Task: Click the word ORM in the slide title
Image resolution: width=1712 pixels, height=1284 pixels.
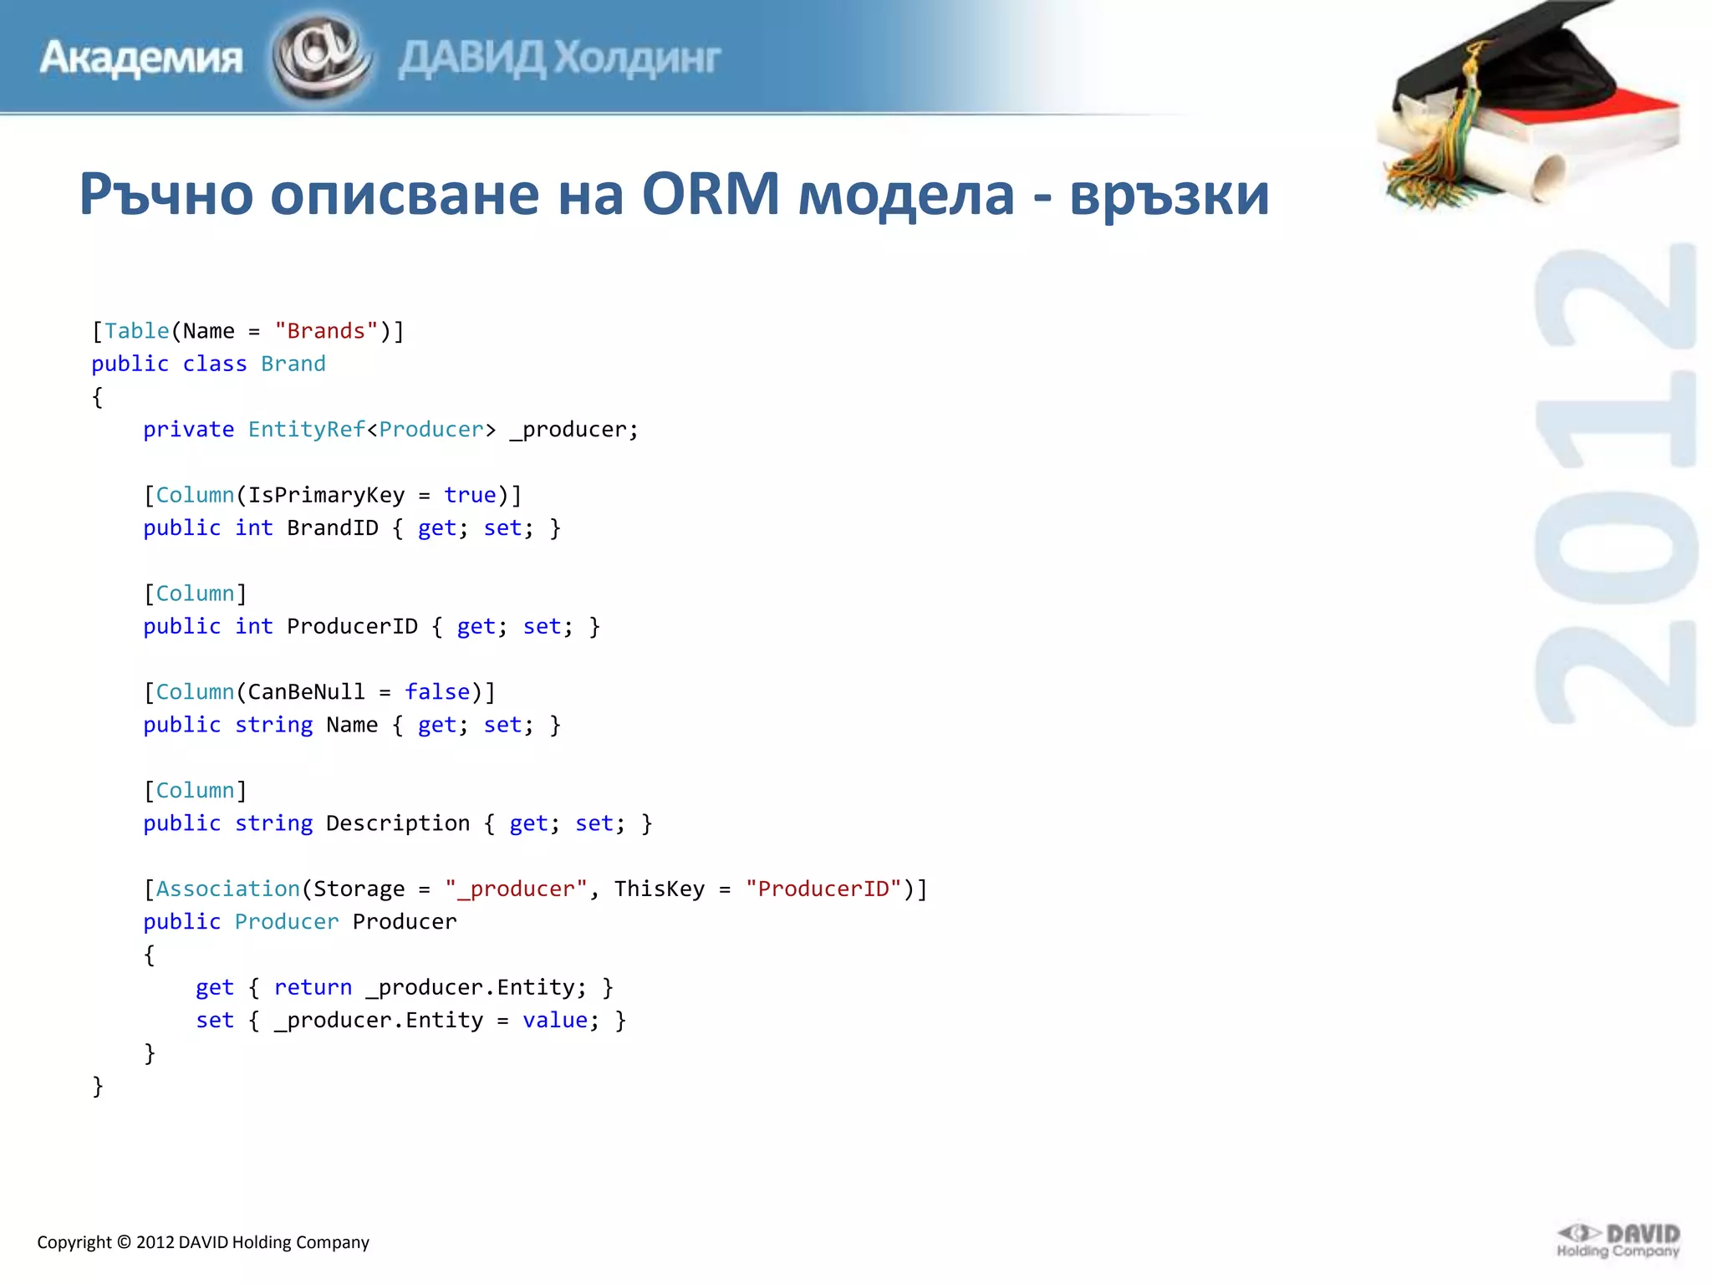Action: click(x=710, y=194)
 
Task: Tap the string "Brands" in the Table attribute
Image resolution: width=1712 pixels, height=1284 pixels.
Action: click(x=326, y=331)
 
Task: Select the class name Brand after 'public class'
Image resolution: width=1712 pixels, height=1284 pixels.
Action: click(x=293, y=364)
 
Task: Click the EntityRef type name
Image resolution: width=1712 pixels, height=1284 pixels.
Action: click(x=306, y=430)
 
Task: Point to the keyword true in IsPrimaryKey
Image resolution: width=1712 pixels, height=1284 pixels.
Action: click(x=470, y=496)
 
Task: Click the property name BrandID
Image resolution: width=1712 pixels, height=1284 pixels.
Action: click(x=332, y=528)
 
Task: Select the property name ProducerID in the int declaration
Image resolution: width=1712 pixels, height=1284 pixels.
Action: click(x=352, y=627)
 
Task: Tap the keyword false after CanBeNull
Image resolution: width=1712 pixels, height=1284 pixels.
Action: click(x=437, y=692)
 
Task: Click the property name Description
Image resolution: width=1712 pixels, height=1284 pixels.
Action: click(x=398, y=823)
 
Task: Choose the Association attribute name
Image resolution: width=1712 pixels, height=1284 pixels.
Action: click(x=227, y=889)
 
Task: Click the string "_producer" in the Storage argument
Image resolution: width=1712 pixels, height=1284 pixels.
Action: click(x=510, y=889)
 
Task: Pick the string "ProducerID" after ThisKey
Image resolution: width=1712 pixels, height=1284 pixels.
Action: click(x=823, y=889)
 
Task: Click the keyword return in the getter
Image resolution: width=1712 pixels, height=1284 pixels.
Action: click(x=313, y=987)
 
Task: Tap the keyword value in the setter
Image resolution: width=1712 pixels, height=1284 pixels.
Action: click(x=555, y=1021)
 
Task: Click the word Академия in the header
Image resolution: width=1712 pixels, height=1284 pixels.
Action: click(x=140, y=58)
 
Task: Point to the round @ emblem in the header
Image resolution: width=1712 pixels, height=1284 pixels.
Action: click(x=320, y=56)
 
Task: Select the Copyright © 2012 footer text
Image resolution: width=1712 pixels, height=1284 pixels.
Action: click(x=202, y=1242)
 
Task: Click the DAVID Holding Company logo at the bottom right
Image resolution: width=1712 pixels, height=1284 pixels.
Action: click(x=1618, y=1241)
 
